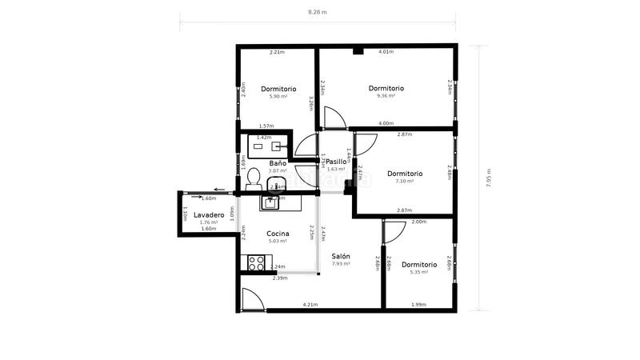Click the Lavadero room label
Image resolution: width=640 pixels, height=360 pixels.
click(208, 215)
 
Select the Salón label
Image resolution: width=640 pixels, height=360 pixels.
click(342, 256)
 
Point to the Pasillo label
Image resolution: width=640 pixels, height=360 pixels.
click(336, 162)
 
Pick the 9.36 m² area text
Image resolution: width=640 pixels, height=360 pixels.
click(386, 96)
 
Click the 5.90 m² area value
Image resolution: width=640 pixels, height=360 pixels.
click(278, 97)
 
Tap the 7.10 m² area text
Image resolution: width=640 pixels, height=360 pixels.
click(405, 182)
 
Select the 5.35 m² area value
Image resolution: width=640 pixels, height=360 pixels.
click(419, 272)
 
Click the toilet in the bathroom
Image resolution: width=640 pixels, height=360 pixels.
click(254, 176)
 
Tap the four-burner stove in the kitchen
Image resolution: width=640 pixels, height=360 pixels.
click(256, 261)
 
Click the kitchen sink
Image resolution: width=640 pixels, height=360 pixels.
click(270, 202)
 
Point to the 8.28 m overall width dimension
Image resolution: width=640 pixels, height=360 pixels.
click(318, 12)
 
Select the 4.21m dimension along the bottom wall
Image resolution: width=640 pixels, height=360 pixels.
click(310, 304)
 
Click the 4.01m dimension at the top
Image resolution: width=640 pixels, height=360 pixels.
click(386, 52)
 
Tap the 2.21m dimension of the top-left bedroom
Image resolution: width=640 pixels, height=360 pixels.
click(277, 53)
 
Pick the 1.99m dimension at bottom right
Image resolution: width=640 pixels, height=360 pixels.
click(418, 304)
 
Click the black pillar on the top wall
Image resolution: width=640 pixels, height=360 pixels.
click(358, 51)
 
